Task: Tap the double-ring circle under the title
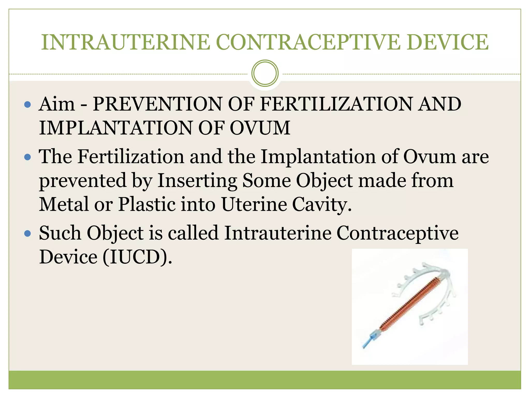click(265, 73)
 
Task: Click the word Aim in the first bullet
click(57, 104)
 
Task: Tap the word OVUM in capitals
click(260, 128)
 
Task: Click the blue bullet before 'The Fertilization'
click(27, 157)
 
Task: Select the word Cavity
click(322, 204)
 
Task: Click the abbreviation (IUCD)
click(137, 257)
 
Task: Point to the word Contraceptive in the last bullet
click(397, 233)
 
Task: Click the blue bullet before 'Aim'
click(27, 105)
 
